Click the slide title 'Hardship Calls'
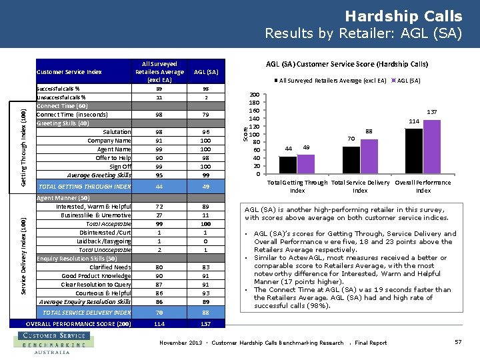tap(403, 16)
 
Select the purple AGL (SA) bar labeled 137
tap(432, 147)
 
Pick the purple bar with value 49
tap(306, 164)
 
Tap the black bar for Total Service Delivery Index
tap(351, 160)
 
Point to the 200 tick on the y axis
tap(255, 95)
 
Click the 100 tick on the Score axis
tap(255, 135)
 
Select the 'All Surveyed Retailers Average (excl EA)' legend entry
tap(333, 81)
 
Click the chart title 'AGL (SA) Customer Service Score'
tap(347, 65)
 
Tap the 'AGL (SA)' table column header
tap(206, 72)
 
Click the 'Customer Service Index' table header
tap(69, 72)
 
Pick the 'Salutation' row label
tap(117, 132)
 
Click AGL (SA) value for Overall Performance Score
tap(206, 324)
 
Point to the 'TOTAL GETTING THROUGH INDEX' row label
tap(85, 187)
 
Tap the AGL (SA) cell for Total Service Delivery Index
tap(206, 312)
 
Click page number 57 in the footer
tap(457, 342)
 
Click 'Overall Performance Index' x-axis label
tap(423, 186)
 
